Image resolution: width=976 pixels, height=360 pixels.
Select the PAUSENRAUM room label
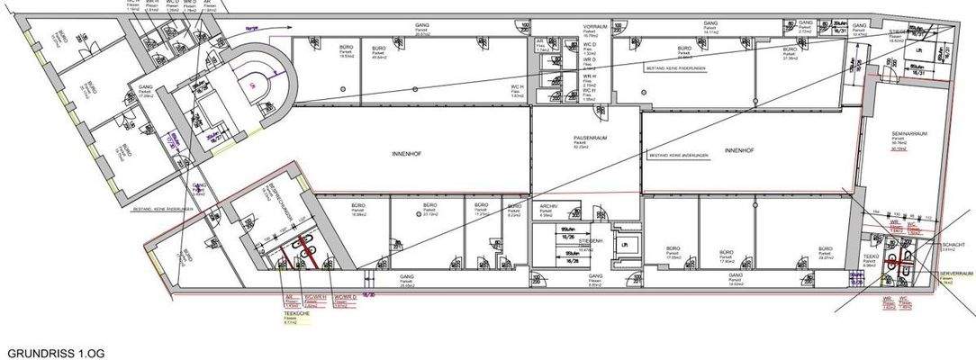pyautogui.click(x=586, y=137)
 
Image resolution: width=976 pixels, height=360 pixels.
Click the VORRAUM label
pyautogui.click(x=591, y=28)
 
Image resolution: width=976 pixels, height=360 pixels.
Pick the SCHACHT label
pyautogui.click(x=953, y=244)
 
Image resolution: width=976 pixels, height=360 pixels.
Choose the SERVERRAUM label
pyautogui.click(x=957, y=272)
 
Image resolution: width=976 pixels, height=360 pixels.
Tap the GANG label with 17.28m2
pyautogui.click(x=146, y=88)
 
